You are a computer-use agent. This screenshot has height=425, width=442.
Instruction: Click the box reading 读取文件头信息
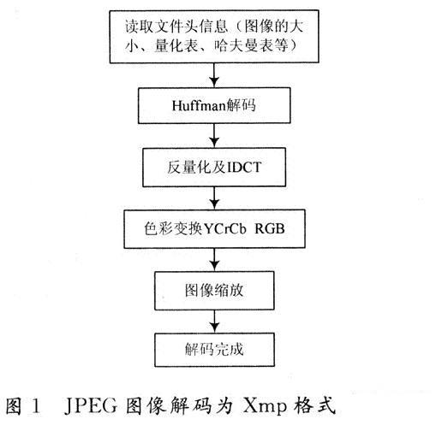(x=214, y=37)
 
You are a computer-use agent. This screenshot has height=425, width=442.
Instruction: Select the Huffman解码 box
(x=214, y=105)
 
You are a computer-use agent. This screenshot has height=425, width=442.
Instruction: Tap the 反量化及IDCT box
(x=214, y=167)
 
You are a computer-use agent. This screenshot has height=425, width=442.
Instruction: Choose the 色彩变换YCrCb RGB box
(x=214, y=229)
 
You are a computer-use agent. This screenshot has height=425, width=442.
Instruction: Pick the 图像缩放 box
(x=214, y=291)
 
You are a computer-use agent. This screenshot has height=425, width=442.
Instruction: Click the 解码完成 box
(x=214, y=350)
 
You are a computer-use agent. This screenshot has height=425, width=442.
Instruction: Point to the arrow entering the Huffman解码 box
(x=214, y=75)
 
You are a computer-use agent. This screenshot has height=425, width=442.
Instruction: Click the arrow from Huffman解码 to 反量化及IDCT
(x=214, y=136)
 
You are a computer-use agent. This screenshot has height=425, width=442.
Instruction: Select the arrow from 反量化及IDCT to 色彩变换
(x=214, y=198)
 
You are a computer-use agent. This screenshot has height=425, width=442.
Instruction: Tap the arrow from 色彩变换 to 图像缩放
(x=214, y=260)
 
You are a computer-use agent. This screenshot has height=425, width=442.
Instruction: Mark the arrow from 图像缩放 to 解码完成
(x=214, y=322)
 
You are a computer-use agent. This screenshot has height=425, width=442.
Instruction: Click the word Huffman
(x=199, y=105)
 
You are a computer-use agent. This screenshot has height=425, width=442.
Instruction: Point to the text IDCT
(x=244, y=168)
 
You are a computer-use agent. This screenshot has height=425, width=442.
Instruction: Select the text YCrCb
(x=224, y=229)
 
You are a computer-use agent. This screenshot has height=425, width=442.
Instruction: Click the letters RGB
(x=270, y=229)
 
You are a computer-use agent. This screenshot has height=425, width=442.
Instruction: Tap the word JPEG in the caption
(x=91, y=405)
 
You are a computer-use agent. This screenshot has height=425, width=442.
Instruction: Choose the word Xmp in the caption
(x=265, y=406)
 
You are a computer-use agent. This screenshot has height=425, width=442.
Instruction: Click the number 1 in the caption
(x=36, y=405)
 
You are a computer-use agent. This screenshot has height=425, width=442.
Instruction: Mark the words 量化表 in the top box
(x=176, y=45)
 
